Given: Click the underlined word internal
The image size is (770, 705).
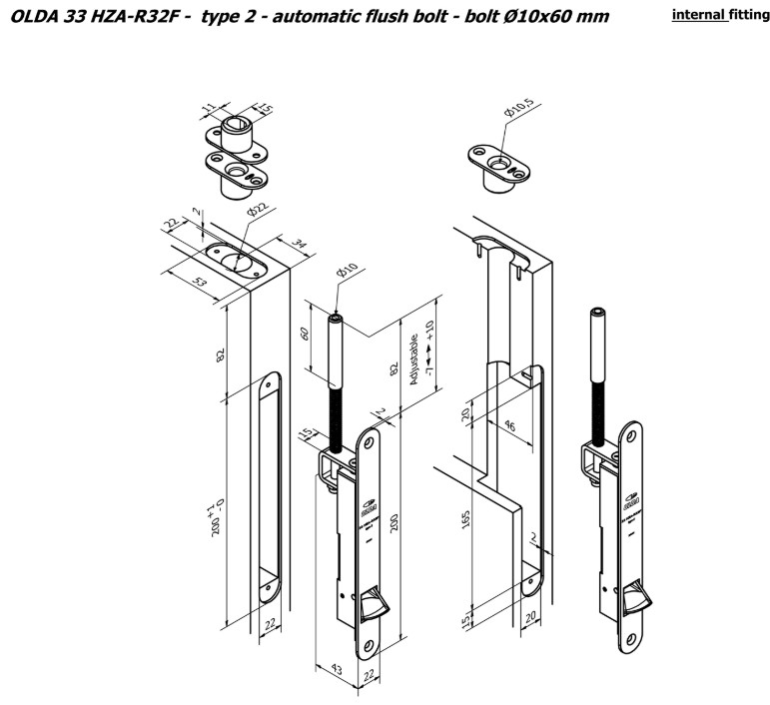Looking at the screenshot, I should [x=699, y=16].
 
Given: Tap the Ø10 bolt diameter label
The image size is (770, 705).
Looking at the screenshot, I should [x=346, y=273].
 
